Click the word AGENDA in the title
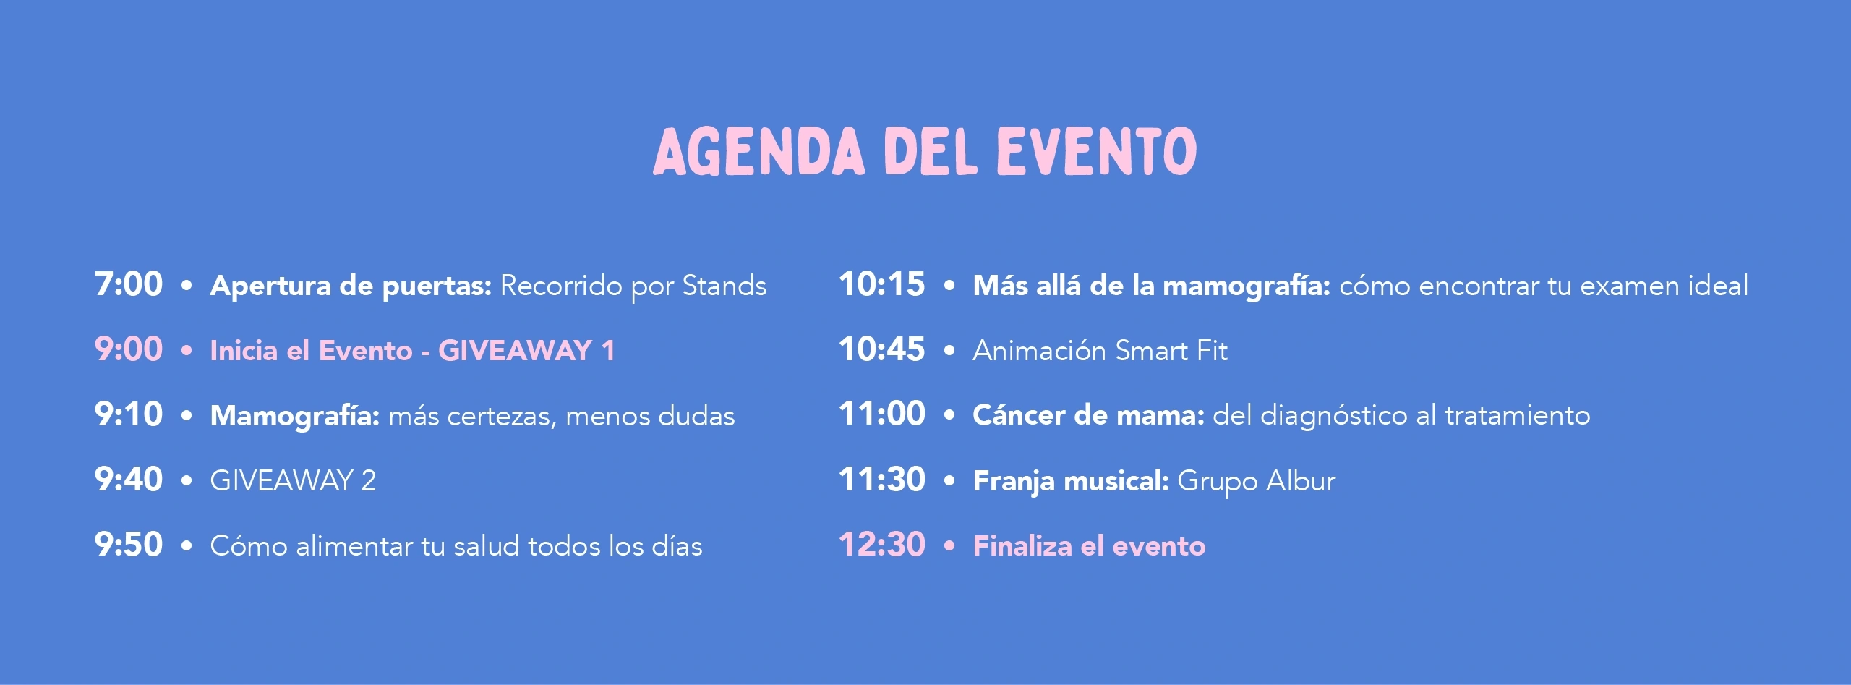[x=759, y=151]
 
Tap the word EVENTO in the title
[x=1097, y=151]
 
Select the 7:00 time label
[x=129, y=284]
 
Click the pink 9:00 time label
[x=129, y=349]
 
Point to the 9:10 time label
[x=129, y=414]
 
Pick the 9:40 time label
[x=129, y=480]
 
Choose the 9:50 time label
[x=129, y=545]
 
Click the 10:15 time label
[x=882, y=284]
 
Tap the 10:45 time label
[x=882, y=349]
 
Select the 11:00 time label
[x=882, y=414]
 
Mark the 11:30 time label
[x=882, y=480]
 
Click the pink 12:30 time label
[x=882, y=545]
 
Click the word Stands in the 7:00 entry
[x=724, y=286]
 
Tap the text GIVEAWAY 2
[x=293, y=481]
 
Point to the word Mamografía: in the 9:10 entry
[x=295, y=417]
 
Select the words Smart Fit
[x=1171, y=351]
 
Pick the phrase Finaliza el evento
[x=1090, y=546]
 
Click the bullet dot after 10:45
[x=949, y=351]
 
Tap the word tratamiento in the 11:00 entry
[x=1518, y=416]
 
